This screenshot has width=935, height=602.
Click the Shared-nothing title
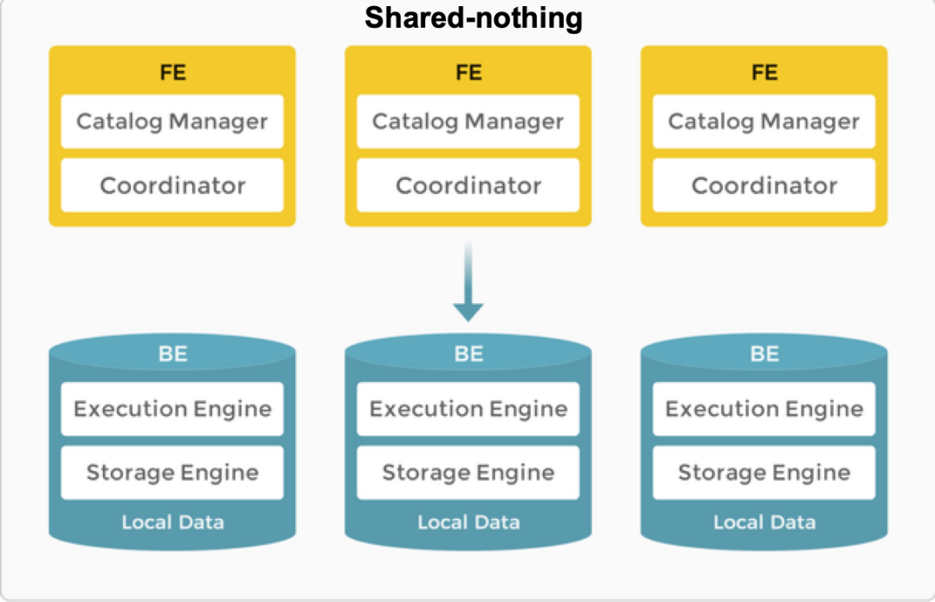click(474, 18)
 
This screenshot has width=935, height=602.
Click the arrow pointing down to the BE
click(468, 281)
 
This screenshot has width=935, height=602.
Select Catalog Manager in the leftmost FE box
click(172, 121)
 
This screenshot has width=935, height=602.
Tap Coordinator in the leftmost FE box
click(172, 185)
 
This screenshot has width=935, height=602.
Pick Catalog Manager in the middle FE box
click(468, 121)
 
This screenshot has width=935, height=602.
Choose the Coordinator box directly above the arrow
click(468, 185)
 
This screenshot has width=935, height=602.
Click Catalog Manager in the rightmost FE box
click(764, 121)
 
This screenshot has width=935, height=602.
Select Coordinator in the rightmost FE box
click(764, 185)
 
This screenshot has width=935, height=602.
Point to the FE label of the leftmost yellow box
click(173, 72)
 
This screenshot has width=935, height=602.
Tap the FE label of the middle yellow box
click(468, 72)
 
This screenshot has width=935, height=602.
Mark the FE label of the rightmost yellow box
click(764, 72)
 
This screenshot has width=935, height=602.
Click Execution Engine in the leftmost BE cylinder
click(172, 409)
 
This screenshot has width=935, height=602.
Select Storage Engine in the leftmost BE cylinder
click(172, 473)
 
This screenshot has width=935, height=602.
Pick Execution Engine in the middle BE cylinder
click(468, 409)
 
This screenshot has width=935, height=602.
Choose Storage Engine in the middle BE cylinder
click(468, 473)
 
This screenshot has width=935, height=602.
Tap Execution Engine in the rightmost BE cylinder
click(764, 409)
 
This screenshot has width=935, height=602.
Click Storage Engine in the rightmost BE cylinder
click(764, 473)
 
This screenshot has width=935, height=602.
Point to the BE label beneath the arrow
click(468, 353)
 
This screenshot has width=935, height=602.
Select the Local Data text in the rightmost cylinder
click(764, 522)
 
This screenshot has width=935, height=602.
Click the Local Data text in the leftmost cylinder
click(173, 522)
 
